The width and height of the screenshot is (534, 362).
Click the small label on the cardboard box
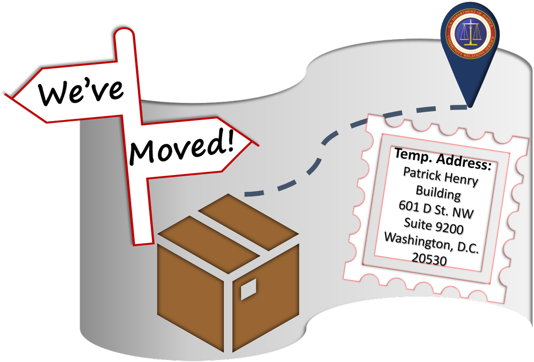[x=248, y=289]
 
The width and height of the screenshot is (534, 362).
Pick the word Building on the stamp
[x=438, y=193]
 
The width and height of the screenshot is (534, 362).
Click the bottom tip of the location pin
[x=469, y=106]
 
